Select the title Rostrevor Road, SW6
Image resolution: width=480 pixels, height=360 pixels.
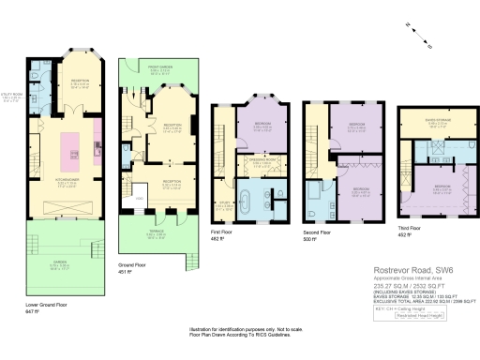pos(400,271)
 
